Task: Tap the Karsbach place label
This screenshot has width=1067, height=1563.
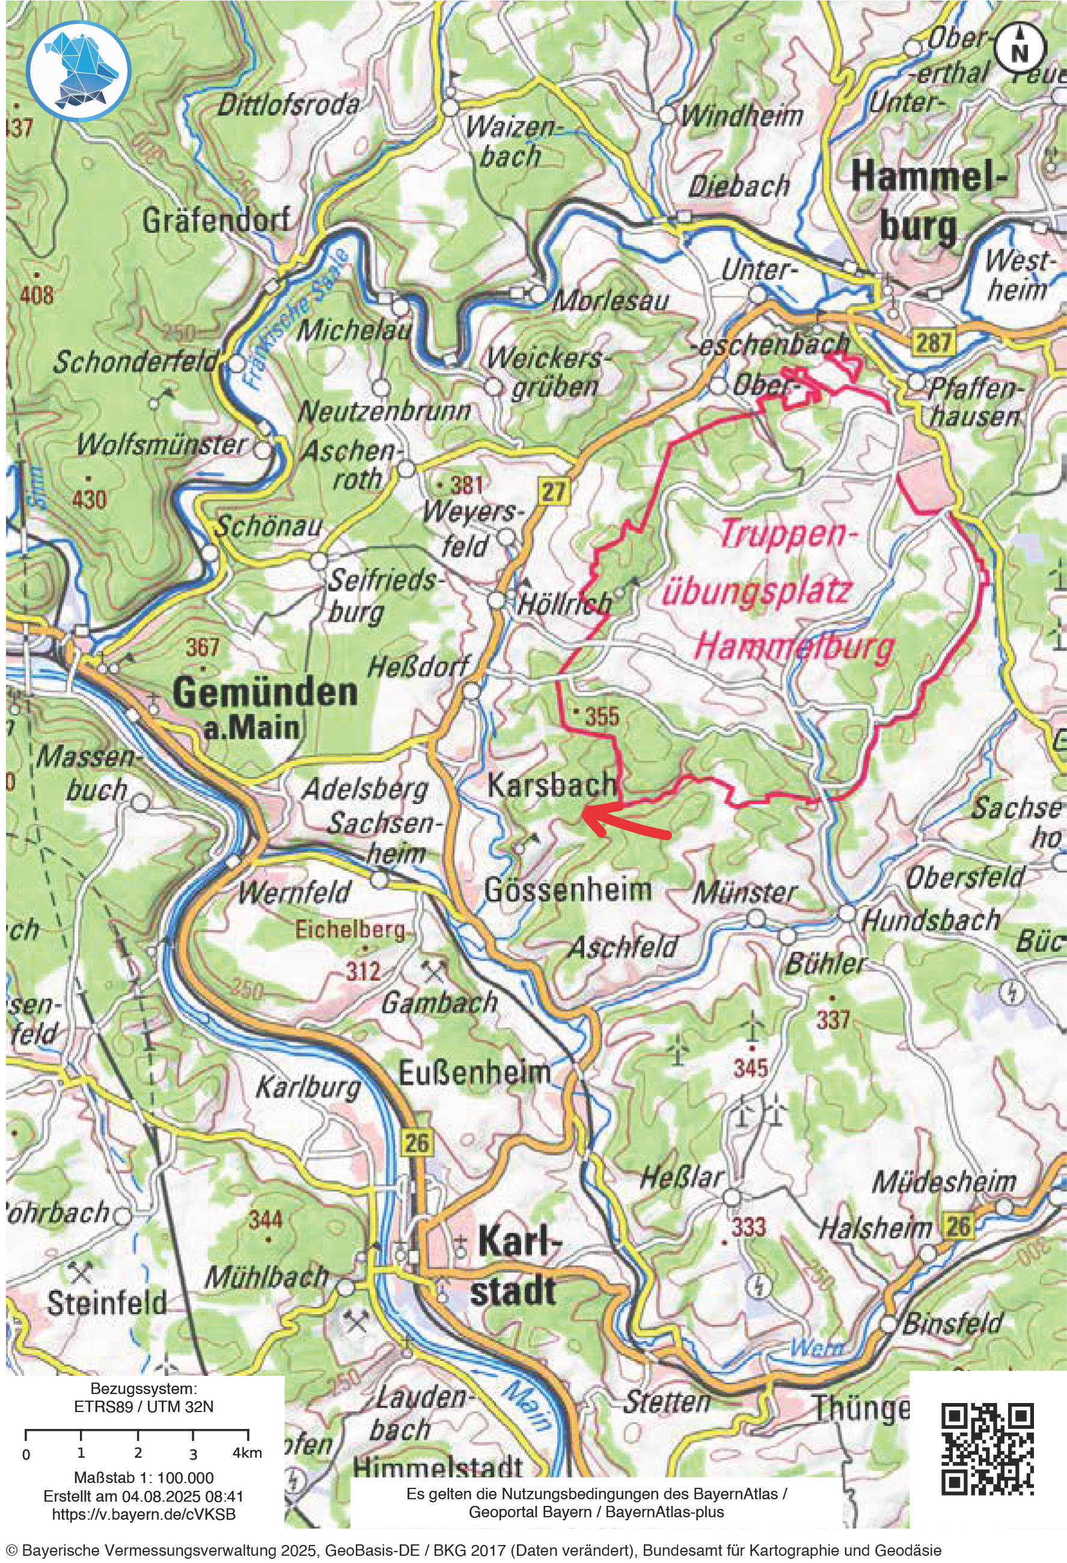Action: (551, 784)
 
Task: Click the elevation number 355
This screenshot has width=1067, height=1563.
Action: (601, 716)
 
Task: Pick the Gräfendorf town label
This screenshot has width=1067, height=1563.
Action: (216, 221)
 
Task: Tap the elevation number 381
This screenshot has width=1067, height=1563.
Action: (467, 484)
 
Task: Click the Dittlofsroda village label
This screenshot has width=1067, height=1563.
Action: (289, 106)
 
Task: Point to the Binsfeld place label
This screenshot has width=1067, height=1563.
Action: (952, 1324)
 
